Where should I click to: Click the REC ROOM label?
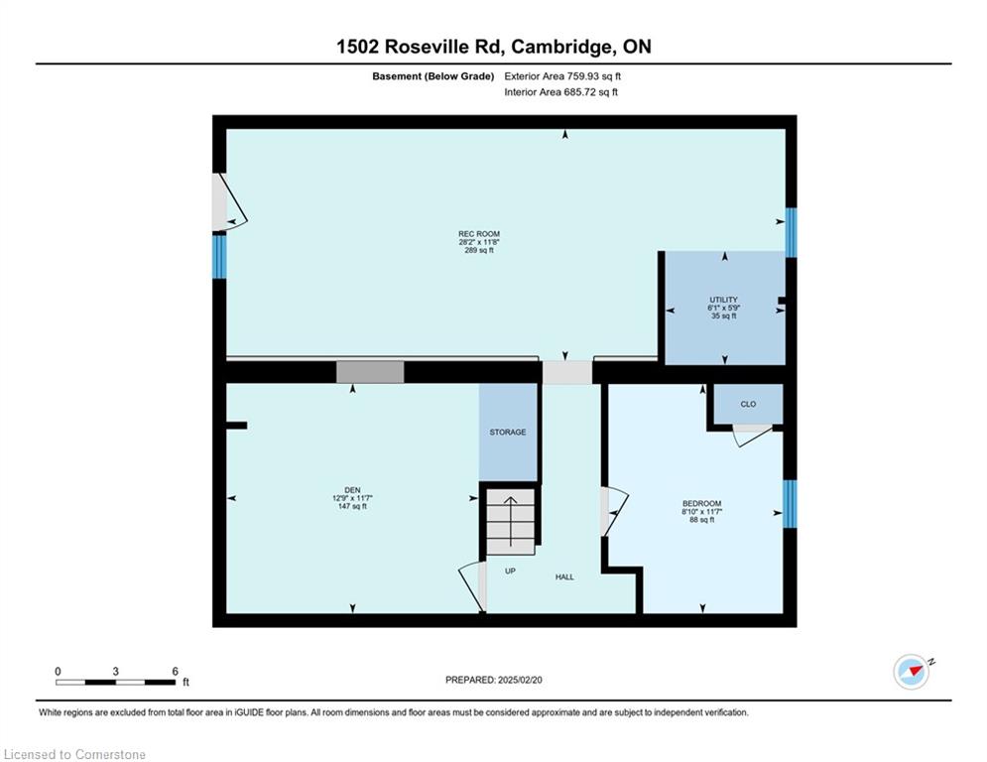pos(479,234)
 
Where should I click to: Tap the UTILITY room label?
pos(723,300)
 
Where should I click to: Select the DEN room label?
pos(352,490)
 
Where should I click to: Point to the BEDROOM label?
pos(702,503)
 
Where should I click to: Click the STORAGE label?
pos(508,432)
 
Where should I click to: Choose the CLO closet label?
pos(748,404)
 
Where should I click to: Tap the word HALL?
pos(564,576)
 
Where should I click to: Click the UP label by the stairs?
pos(510,571)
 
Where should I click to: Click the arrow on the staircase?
pos(511,522)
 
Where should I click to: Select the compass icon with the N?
pos(912,672)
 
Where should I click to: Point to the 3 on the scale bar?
pos(115,672)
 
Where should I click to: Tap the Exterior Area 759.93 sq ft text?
pos(562,76)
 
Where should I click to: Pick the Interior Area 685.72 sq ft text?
pos(560,92)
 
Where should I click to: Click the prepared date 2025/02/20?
pos(520,680)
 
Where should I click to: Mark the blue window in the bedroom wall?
pos(790,504)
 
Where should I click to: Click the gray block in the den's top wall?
pos(370,371)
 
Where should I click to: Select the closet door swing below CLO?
pos(753,436)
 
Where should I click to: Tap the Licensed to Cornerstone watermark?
pos(74,754)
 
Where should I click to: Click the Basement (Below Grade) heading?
pos(433,76)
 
